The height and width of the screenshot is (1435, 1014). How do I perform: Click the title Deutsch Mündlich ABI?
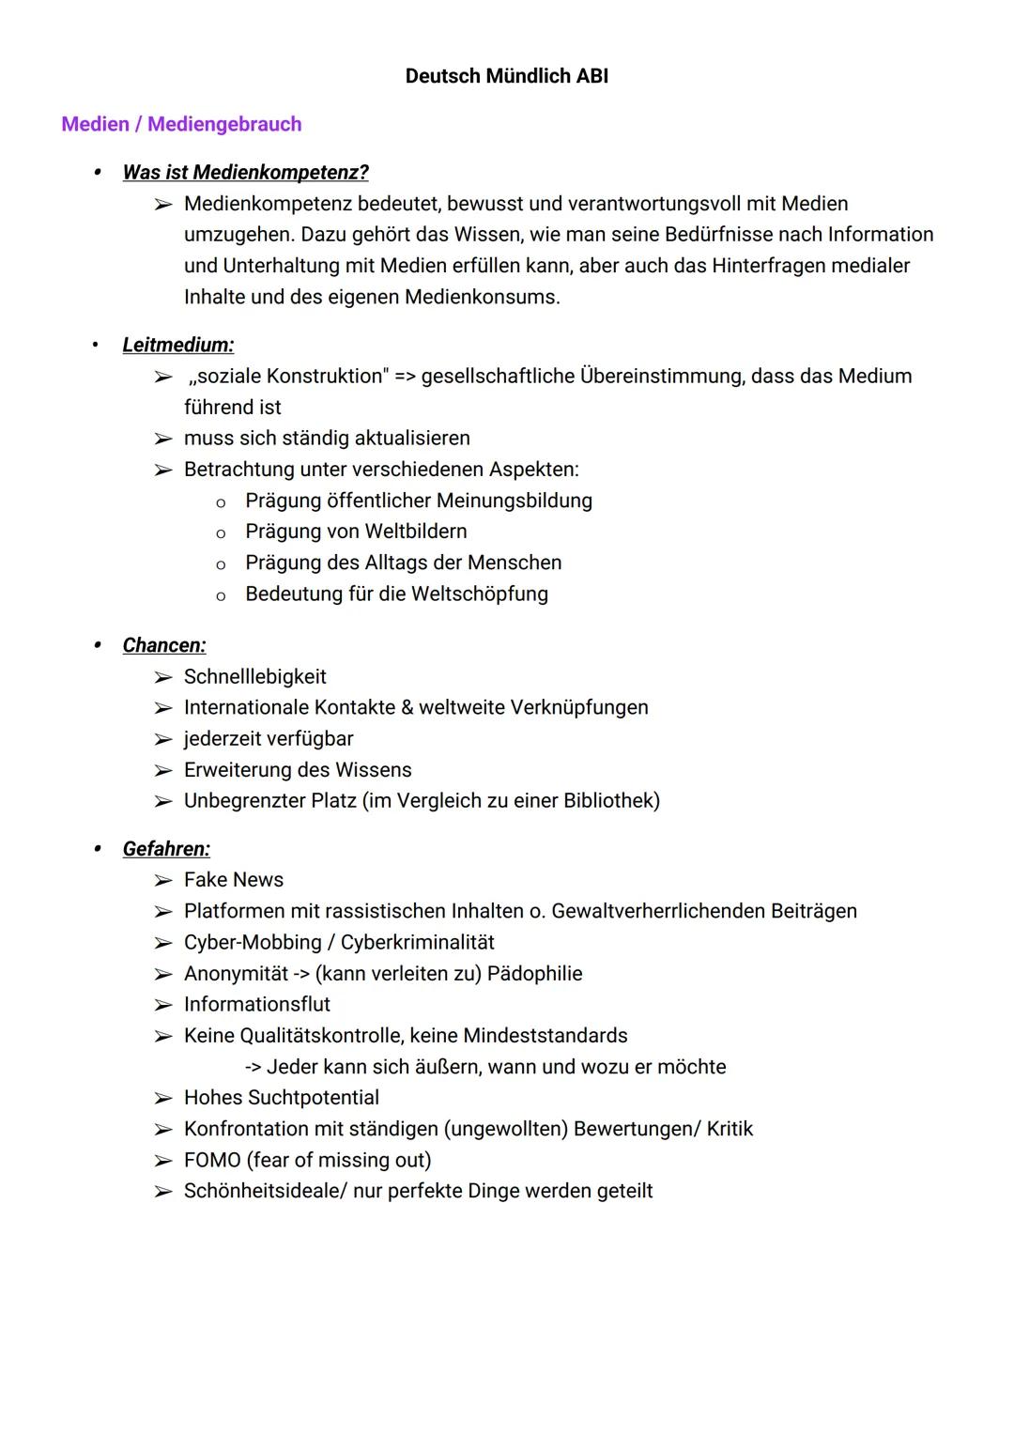pyautogui.click(x=506, y=76)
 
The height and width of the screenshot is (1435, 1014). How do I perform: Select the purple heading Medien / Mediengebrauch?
pyautogui.click(x=181, y=124)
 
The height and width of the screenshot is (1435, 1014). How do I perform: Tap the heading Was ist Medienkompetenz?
pyautogui.click(x=245, y=172)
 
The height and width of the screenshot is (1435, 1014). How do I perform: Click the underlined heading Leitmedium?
pyautogui.click(x=177, y=345)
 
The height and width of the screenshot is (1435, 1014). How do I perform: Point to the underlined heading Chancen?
pyautogui.click(x=164, y=645)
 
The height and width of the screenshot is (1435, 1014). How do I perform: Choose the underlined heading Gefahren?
pyautogui.click(x=166, y=849)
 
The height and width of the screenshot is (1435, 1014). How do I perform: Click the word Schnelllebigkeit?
pyautogui.click(x=255, y=677)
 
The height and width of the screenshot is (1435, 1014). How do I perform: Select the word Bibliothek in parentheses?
pyautogui.click(x=608, y=801)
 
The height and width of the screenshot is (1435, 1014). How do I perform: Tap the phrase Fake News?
pyautogui.click(x=234, y=880)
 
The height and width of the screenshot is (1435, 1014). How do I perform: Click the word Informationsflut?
pyautogui.click(x=257, y=1005)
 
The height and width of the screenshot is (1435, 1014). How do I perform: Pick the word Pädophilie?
pyautogui.click(x=534, y=974)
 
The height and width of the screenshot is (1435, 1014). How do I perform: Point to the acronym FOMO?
pyautogui.click(x=212, y=1160)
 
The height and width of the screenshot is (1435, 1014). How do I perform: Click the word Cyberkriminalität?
pyautogui.click(x=417, y=943)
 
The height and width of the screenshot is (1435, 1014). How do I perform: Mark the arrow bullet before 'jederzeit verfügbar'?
pyautogui.click(x=163, y=740)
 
